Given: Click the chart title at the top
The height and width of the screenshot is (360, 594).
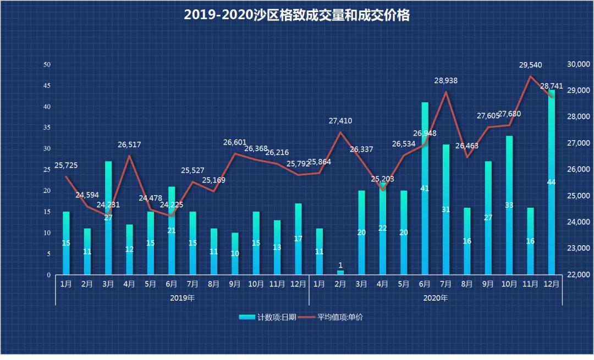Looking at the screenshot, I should tap(296, 15).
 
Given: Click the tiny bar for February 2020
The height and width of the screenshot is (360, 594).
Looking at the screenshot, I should tap(340, 272).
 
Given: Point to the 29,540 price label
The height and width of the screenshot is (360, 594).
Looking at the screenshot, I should tap(530, 65).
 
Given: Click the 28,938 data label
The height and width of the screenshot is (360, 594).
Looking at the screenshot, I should tap(446, 81).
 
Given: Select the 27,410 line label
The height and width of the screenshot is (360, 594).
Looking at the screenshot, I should tap(340, 121).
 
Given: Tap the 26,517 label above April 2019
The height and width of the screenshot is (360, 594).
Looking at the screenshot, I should tap(129, 145).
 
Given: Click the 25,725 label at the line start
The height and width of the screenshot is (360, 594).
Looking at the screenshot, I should tap(66, 165).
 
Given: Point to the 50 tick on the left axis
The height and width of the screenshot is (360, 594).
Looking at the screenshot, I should tap(47, 65).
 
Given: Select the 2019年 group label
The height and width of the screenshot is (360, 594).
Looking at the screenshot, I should tap(182, 298).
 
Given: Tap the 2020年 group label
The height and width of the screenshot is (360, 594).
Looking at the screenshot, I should tap(435, 298).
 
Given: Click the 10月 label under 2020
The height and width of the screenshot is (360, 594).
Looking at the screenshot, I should tap(509, 284).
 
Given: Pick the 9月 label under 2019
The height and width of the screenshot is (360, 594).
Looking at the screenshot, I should tap(234, 284).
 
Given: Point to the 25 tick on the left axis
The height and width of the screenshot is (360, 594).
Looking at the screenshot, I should tap(47, 170).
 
